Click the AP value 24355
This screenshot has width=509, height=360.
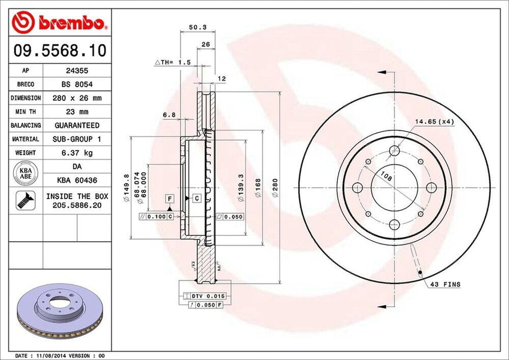point(77,71)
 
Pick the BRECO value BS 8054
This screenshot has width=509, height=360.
point(77,85)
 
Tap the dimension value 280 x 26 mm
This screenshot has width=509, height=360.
point(77,98)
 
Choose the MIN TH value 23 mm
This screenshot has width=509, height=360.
point(77,112)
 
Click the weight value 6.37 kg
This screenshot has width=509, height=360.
point(77,153)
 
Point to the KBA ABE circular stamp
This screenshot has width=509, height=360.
point(26,173)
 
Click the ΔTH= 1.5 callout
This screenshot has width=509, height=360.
point(172,62)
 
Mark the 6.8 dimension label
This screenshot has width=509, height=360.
point(169,115)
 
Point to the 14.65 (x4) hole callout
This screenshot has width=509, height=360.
point(434,121)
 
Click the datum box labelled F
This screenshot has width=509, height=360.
point(170,199)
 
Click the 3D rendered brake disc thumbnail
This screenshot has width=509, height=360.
point(60,311)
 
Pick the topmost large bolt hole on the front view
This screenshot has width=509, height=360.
point(395,150)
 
